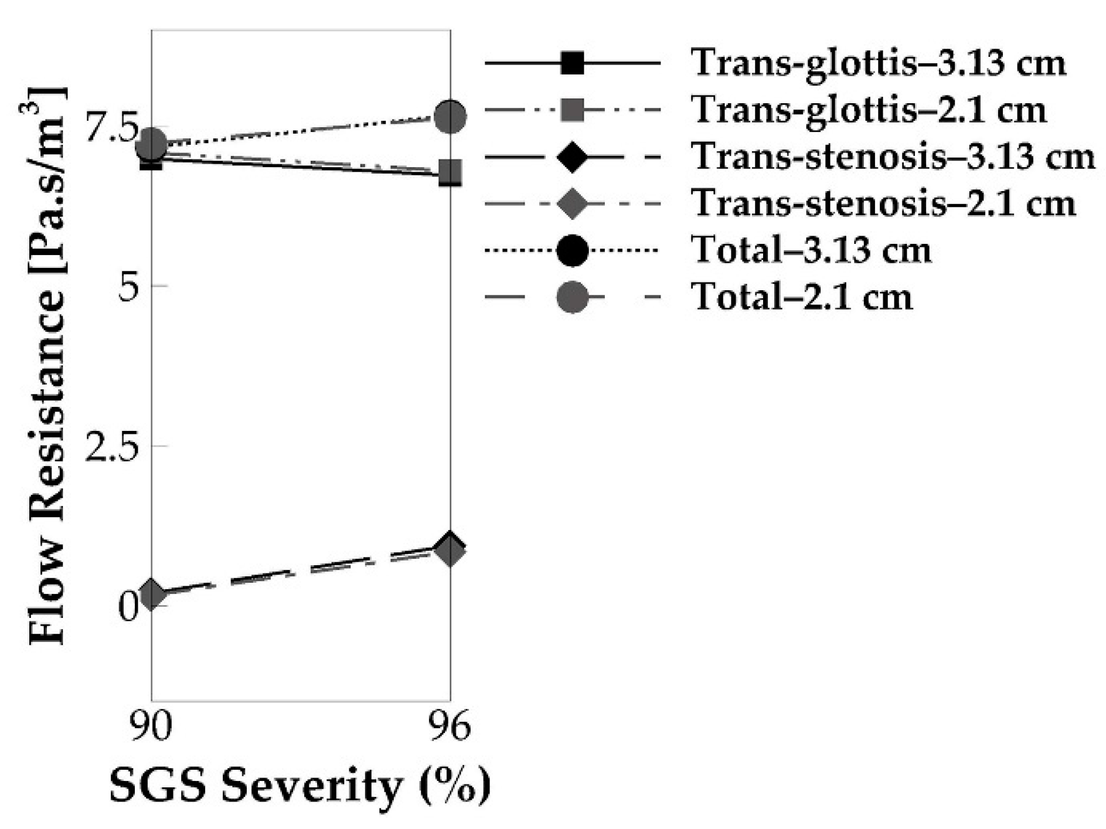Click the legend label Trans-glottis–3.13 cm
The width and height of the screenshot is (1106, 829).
(878, 62)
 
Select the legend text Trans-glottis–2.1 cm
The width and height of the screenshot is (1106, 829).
(869, 110)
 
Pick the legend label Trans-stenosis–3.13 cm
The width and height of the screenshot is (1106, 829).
(893, 157)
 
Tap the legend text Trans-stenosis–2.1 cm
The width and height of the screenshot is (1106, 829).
(883, 204)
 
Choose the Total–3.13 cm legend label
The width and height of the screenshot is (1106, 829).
(812, 250)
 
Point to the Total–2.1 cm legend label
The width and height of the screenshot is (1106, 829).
(802, 297)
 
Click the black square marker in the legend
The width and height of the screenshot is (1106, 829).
(572, 62)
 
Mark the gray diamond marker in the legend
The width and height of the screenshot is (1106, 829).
(572, 204)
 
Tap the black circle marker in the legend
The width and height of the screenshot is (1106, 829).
(572, 250)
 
